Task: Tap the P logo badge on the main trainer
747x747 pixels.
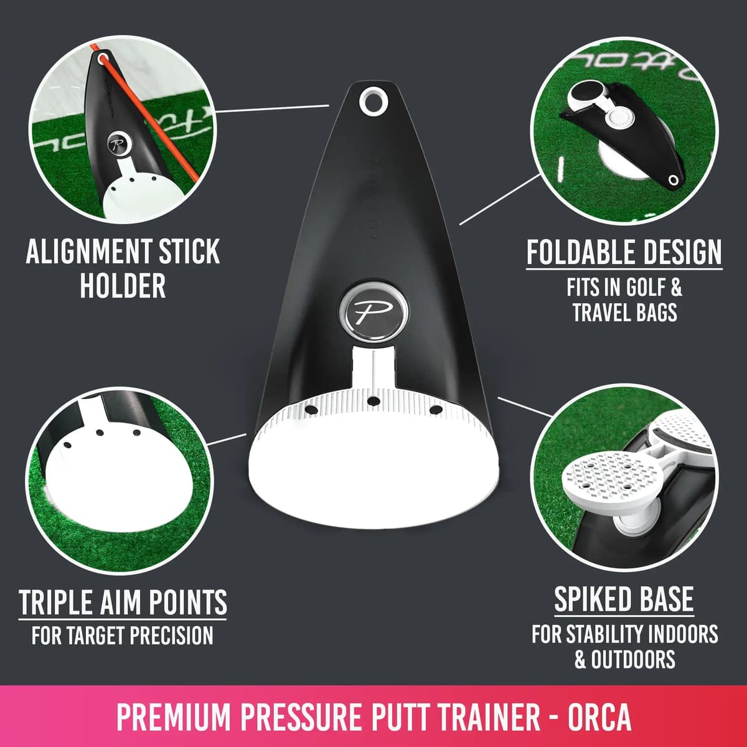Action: click(373, 309)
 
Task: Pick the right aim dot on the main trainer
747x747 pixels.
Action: click(435, 409)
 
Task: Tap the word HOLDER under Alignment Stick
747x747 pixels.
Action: click(123, 286)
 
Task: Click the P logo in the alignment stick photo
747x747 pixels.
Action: click(117, 143)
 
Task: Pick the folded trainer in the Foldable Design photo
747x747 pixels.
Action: click(622, 131)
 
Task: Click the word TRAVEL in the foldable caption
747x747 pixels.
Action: click(601, 312)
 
